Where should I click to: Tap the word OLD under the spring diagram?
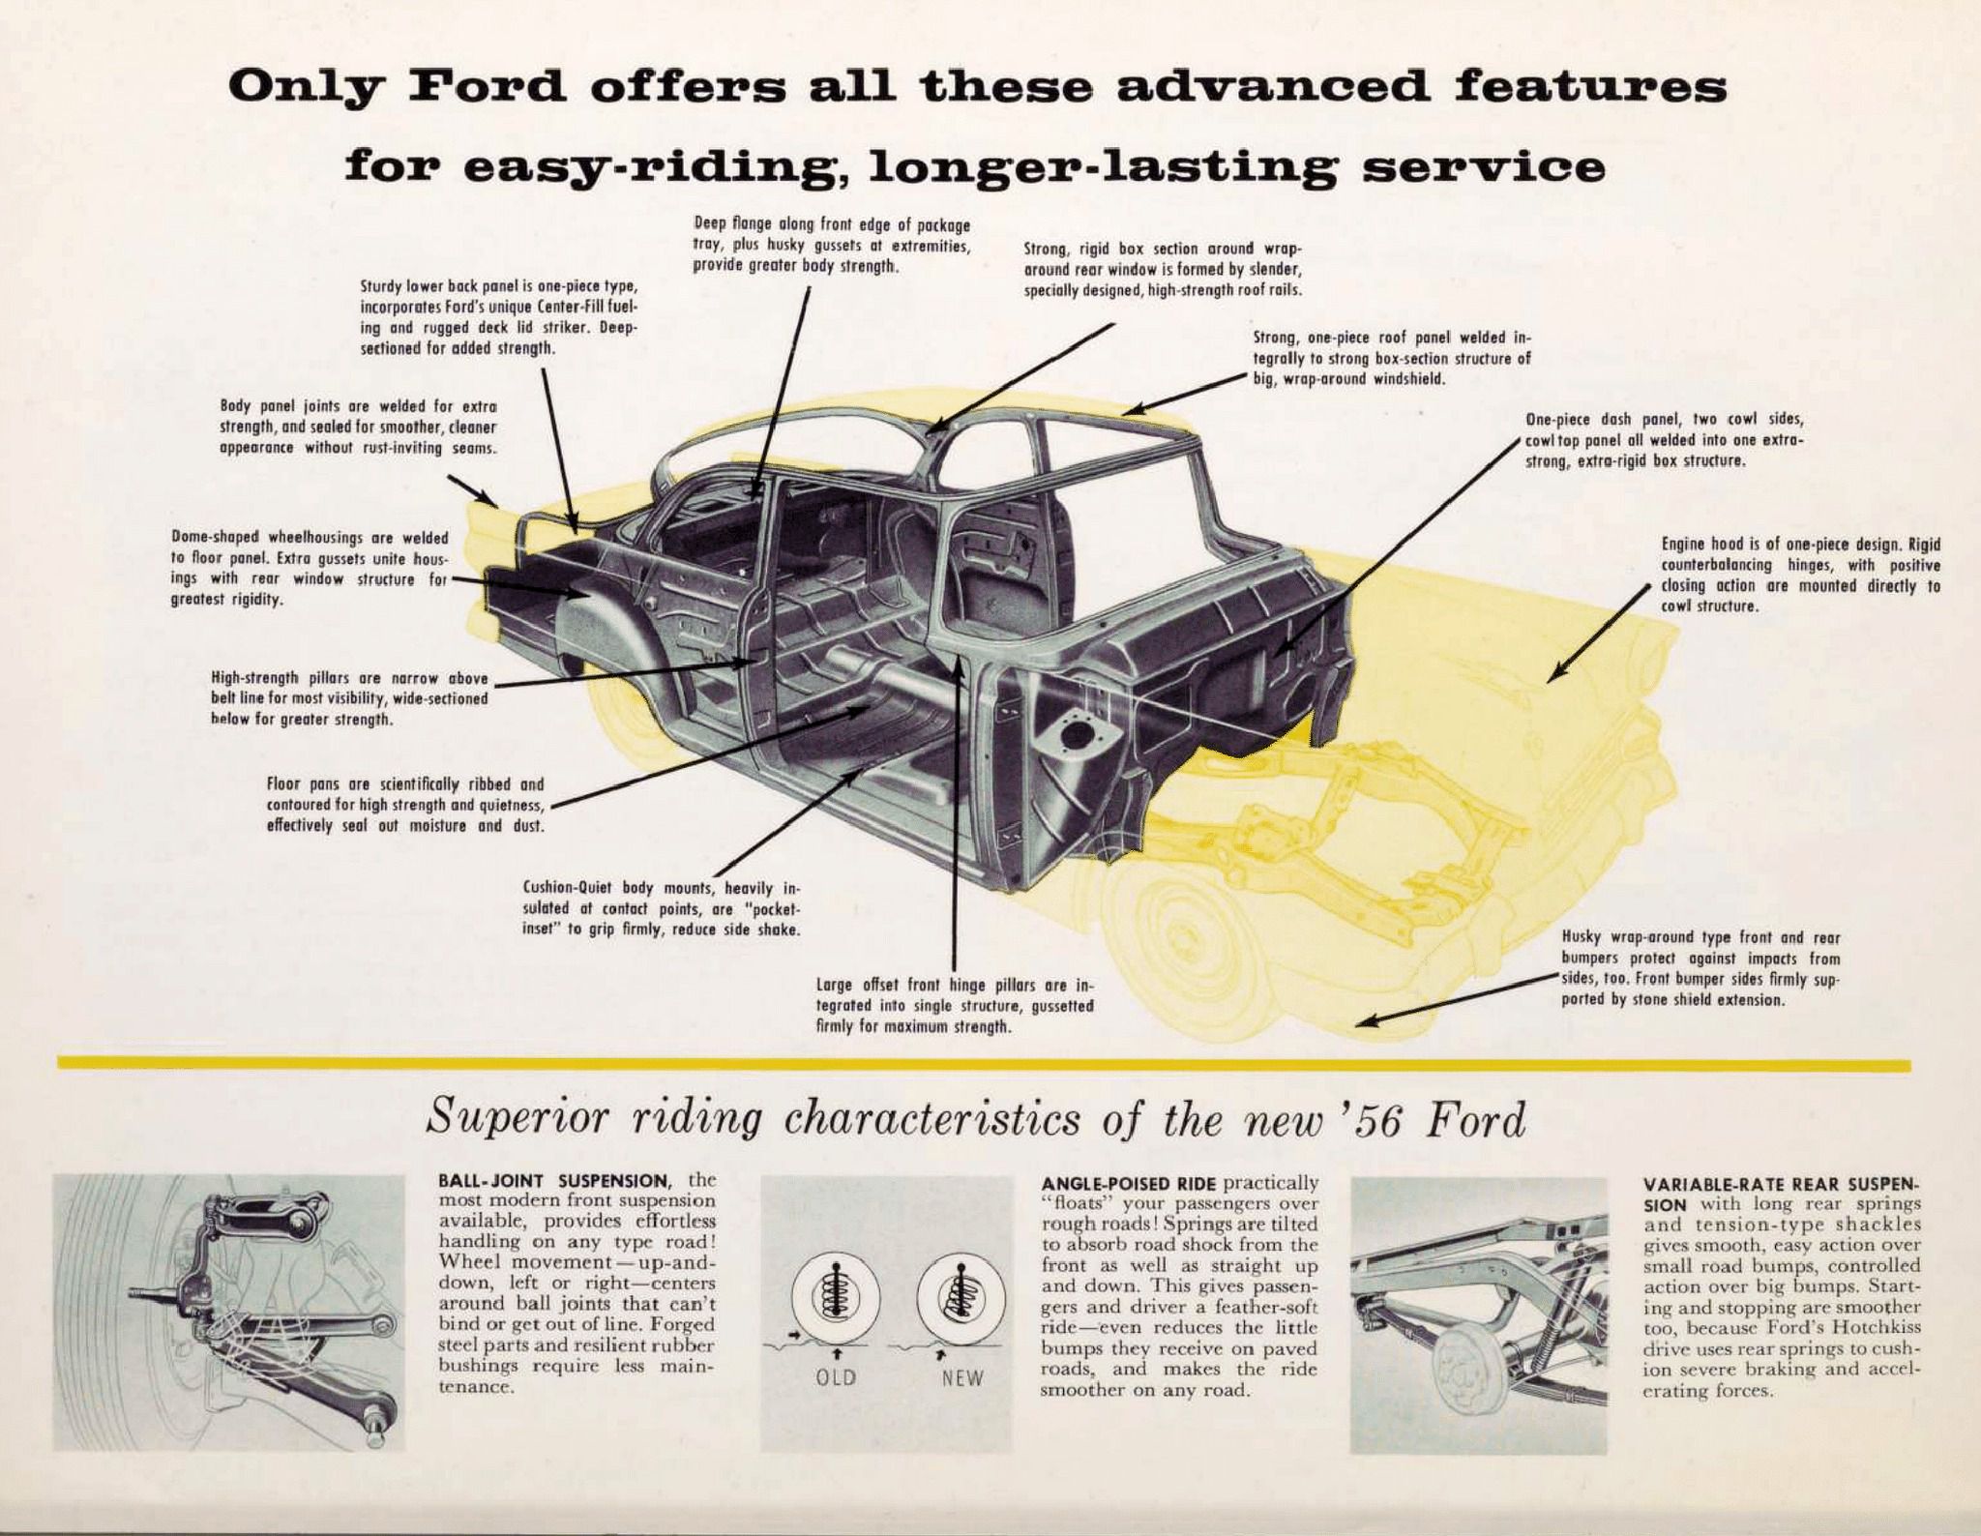pyautogui.click(x=837, y=1377)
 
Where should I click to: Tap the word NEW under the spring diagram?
pyautogui.click(x=961, y=1377)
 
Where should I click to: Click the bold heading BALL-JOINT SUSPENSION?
pyautogui.click(x=553, y=1182)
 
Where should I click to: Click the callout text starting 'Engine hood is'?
pyautogui.click(x=1800, y=576)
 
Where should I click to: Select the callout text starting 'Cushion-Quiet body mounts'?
pyautogui.click(x=662, y=908)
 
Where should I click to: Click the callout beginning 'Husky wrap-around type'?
pyautogui.click(x=1700, y=968)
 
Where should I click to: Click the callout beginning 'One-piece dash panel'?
pyautogui.click(x=1664, y=440)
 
